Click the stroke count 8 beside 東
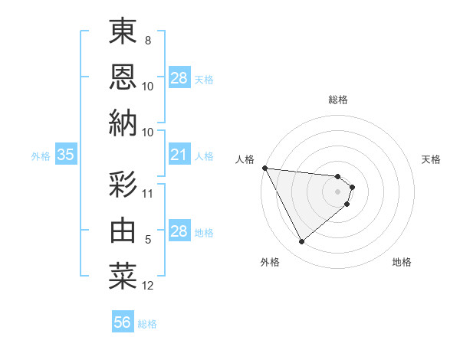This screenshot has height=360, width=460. pyautogui.click(x=148, y=41)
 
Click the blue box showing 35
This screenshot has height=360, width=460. pyautogui.click(x=65, y=155)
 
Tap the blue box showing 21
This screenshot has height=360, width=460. pyautogui.click(x=179, y=155)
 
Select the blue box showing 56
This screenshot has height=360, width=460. pyautogui.click(x=123, y=322)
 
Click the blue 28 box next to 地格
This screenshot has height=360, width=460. pyautogui.click(x=179, y=231)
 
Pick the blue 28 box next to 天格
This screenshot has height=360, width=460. pyautogui.click(x=179, y=78)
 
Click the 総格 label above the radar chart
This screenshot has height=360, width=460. pyautogui.click(x=337, y=100)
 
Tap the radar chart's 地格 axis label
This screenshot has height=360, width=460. pyautogui.click(x=402, y=263)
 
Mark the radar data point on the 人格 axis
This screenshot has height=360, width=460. pyautogui.click(x=264, y=168)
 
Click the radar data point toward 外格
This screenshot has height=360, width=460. pyautogui.click(x=301, y=242)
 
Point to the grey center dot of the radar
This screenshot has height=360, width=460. pyautogui.click(x=337, y=191)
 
